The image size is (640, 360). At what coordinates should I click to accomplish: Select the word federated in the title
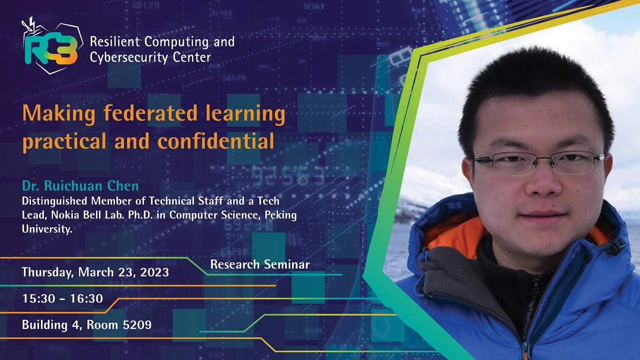point(150,112)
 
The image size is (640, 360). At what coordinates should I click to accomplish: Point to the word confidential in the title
point(215,140)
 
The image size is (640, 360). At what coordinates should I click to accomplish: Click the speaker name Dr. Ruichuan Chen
point(80,185)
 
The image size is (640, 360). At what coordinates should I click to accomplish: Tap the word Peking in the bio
point(281,215)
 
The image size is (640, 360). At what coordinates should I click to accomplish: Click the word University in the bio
point(47,229)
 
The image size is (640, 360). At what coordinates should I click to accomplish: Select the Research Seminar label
point(259,264)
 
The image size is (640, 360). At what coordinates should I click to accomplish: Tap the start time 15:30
point(38,298)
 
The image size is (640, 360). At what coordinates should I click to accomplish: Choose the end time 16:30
point(86,298)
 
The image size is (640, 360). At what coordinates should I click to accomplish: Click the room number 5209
point(137,325)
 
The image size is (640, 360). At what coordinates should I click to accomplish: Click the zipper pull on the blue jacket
point(525,351)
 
